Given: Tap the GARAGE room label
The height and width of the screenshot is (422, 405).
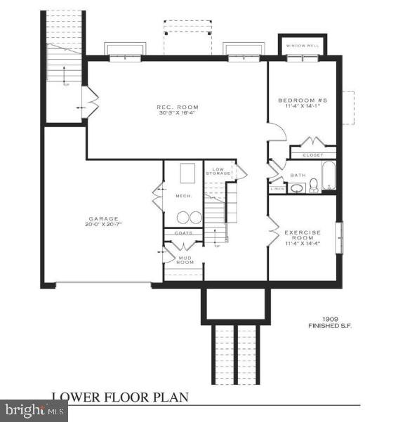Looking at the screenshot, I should coord(103,218).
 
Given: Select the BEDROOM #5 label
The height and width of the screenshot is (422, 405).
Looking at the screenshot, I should coord(303,100).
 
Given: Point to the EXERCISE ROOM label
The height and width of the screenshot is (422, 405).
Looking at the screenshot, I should coord(303,235).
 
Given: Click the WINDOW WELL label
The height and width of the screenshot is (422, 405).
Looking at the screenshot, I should coord(303,46).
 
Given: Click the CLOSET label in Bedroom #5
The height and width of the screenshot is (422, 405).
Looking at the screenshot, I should coord(312,154).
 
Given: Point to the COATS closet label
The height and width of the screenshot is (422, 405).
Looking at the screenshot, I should coord(182,232).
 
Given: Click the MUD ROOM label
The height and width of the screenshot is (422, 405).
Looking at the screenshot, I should coord(185,259).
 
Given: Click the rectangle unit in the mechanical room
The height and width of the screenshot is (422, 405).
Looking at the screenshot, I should coord(187,173).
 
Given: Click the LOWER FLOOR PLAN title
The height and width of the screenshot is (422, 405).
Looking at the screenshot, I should coord(119,397).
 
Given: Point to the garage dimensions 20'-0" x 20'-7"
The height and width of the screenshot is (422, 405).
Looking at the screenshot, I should coord(103,225).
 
